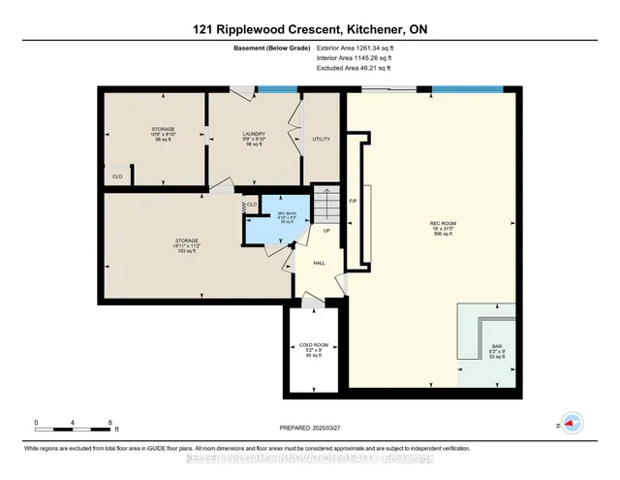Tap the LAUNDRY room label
pos(254,135)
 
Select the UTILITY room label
pos(322,139)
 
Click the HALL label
pos(319,262)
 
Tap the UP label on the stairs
pos(326,231)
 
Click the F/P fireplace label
pos(354,200)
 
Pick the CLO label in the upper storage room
pos(117,177)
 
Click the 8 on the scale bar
pos(110,422)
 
